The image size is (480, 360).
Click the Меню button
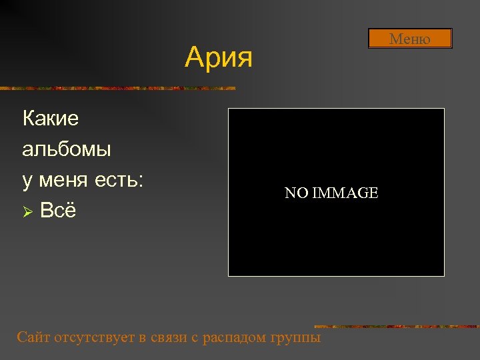point(410,39)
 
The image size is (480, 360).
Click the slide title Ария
point(219,57)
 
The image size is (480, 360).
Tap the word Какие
point(51,119)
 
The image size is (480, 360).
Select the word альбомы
point(67,149)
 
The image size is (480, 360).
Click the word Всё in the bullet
point(58,211)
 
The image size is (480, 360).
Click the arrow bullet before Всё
point(27,211)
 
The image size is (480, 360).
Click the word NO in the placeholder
point(296,193)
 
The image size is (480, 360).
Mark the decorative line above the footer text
point(396,326)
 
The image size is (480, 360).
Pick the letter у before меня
point(27,180)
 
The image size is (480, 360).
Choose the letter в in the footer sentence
point(143,337)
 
